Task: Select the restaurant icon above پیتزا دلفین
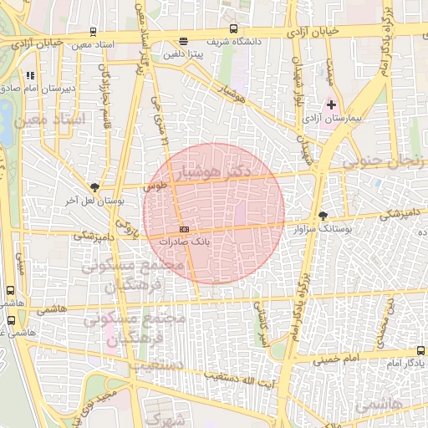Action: (184, 42)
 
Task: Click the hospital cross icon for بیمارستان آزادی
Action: (331, 105)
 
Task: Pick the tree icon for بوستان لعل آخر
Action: (94, 188)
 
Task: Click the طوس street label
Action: (155, 187)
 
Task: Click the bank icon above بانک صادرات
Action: (184, 229)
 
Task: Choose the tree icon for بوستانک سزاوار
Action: (324, 215)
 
